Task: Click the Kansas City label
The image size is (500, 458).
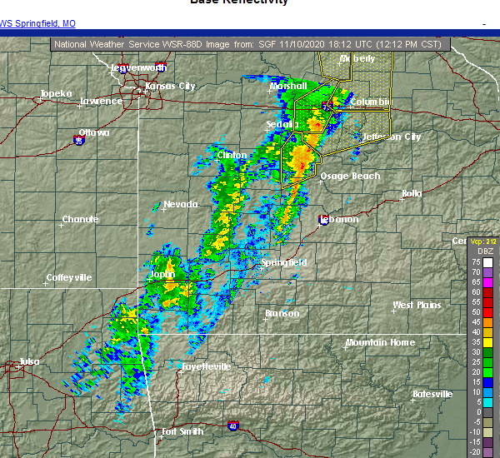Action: point(170,86)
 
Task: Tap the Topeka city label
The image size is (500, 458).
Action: point(57,93)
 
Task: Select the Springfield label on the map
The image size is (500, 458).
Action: point(284,262)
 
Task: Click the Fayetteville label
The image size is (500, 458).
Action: point(206,366)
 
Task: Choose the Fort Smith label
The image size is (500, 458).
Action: point(181,431)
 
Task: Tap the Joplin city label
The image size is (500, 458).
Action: point(162,274)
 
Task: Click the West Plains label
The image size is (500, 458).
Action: point(417,305)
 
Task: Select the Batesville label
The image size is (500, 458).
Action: point(433,394)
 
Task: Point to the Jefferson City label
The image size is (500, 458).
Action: point(392,137)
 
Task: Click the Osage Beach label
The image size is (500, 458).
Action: point(350,176)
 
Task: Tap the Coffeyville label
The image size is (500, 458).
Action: point(69,277)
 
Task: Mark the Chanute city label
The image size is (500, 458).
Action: point(80,220)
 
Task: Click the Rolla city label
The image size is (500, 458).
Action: point(412,193)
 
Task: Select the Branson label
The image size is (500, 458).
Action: point(282,314)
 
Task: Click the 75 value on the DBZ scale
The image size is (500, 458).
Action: point(476,261)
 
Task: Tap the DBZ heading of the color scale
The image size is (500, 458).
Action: point(484,251)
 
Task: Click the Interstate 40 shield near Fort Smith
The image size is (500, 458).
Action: point(232,425)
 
